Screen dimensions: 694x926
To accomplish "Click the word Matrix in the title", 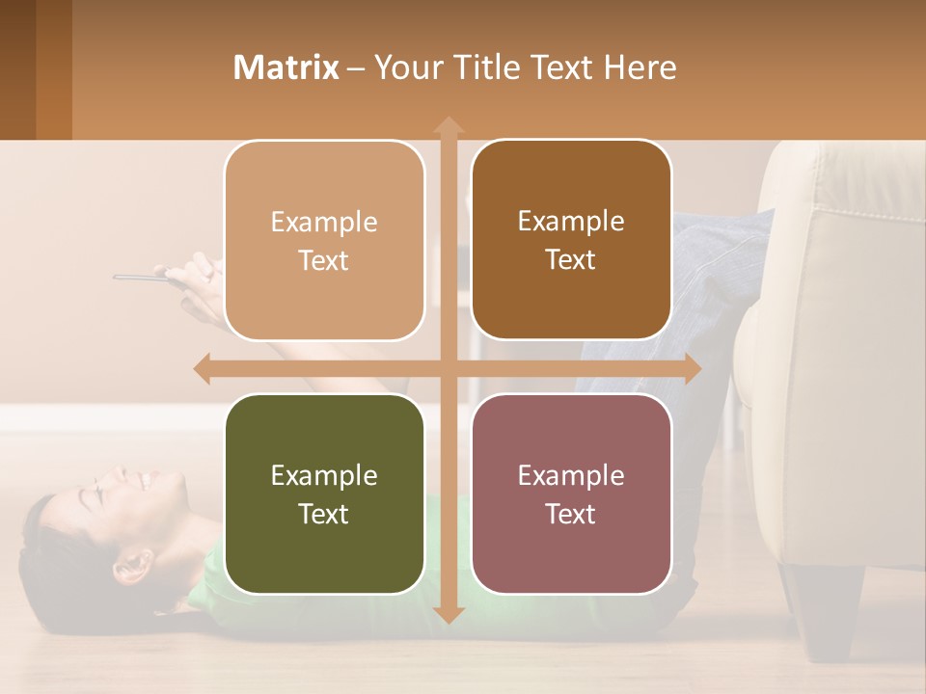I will (286, 67).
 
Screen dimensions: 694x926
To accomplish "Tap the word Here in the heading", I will (640, 67).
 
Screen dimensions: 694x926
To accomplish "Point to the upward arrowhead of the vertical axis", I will (448, 125).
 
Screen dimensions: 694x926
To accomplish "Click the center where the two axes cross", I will (448, 368).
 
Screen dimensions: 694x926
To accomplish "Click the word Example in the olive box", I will (324, 476).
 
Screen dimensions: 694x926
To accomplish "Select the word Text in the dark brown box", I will (571, 260).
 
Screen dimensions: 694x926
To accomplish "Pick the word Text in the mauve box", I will (571, 515).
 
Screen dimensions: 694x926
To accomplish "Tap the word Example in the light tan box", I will (324, 223).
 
